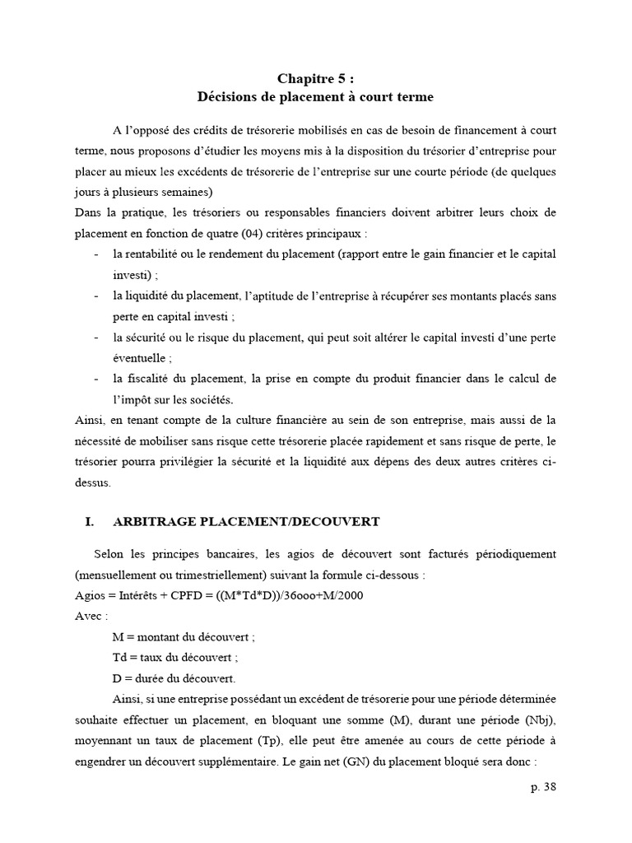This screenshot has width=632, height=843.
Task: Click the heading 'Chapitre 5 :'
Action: pos(315,78)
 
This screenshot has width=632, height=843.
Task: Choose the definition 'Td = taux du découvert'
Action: pos(179,658)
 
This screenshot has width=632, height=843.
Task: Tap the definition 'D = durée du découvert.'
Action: pos(174,678)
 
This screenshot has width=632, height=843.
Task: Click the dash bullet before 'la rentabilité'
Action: pos(99,254)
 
